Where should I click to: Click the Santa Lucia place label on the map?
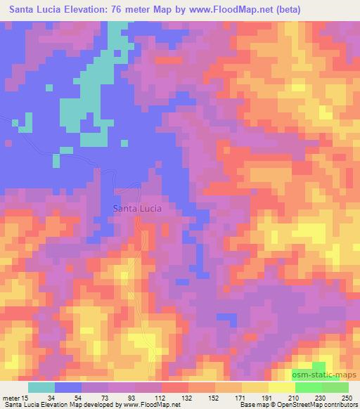pyautogui.click(x=138, y=209)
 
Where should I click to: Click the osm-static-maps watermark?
pyautogui.click(x=325, y=375)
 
